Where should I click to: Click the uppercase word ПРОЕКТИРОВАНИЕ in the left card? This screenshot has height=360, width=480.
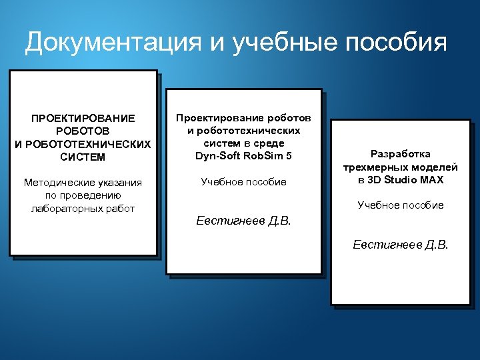83,118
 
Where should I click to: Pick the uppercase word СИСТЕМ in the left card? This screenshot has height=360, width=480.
83,157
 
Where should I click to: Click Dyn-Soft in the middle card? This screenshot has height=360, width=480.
217,156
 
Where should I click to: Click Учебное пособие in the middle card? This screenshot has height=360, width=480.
243,181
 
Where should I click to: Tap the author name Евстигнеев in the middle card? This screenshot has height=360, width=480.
226,221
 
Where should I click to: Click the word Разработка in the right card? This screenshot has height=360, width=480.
401,153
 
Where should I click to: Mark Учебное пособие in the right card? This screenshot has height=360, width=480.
401,205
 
